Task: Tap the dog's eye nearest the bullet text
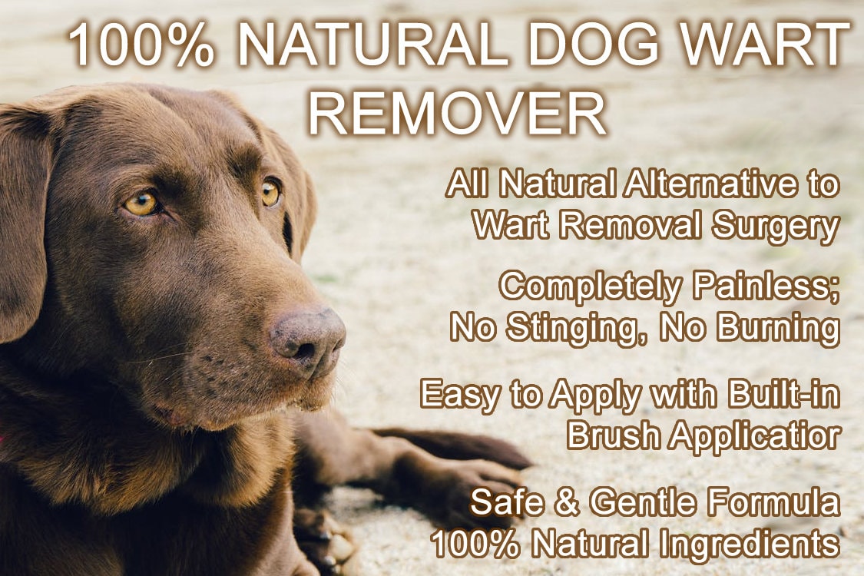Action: [x=270, y=192]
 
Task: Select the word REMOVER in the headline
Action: [x=458, y=113]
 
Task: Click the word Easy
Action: [x=458, y=395]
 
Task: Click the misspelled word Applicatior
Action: [x=753, y=435]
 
